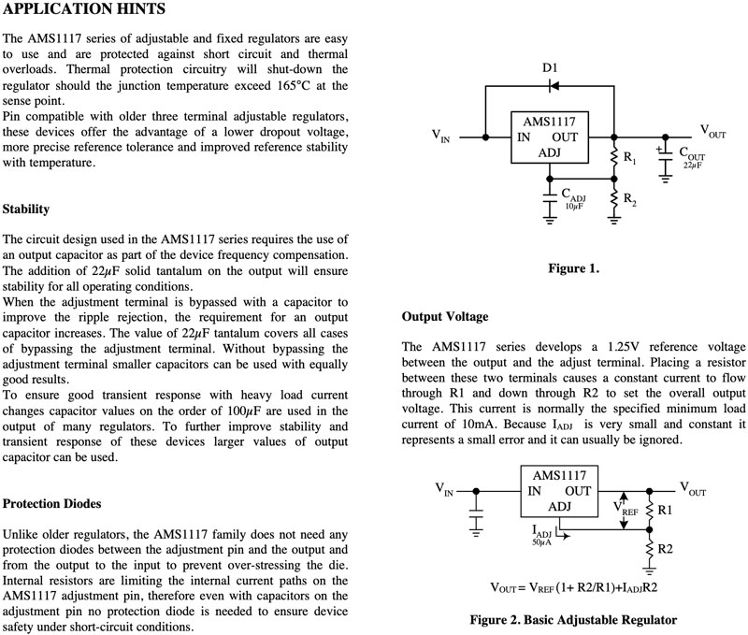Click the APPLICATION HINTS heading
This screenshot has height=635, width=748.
(84, 8)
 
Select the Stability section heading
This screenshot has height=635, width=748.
(26, 209)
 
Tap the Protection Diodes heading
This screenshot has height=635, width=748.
(51, 503)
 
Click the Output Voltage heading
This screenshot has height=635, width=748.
(445, 317)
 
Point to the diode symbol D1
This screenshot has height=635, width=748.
(554, 86)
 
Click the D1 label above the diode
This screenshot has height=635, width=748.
(550, 67)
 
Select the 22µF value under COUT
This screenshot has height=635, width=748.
(692, 166)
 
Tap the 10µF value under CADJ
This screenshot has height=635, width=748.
(575, 206)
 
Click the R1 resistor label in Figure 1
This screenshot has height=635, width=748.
(629, 157)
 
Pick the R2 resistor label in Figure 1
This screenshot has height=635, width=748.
(629, 199)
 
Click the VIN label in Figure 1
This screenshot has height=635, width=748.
(440, 136)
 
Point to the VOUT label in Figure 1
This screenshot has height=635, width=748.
(712, 131)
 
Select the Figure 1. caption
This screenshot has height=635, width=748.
(573, 268)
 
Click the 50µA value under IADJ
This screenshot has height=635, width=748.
(541, 542)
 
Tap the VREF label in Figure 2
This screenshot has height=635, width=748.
(626, 509)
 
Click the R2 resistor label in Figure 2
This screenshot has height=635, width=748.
(665, 549)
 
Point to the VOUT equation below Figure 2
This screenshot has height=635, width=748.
(574, 587)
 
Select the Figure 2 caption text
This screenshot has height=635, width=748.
(573, 620)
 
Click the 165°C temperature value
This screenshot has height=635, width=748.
(294, 85)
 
